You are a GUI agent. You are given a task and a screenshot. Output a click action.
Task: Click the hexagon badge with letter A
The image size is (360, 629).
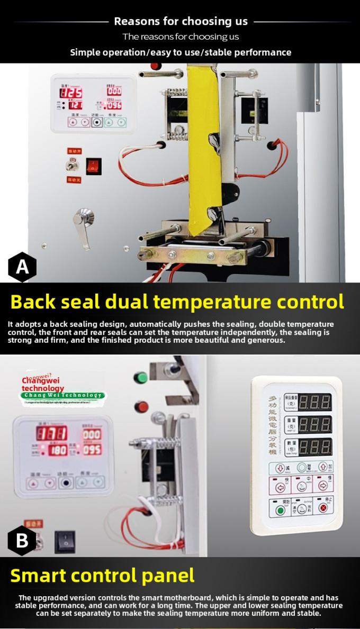[x=22, y=267]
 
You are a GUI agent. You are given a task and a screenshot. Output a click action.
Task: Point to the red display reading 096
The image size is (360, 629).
[x=113, y=105]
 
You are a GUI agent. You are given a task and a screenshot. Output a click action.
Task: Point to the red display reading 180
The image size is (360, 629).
[x=58, y=451]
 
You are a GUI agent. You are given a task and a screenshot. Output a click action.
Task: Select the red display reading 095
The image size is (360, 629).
[x=92, y=450]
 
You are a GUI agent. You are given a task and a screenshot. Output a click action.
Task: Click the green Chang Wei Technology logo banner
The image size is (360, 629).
[x=64, y=395]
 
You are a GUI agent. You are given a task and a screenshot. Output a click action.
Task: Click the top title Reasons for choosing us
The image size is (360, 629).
[x=181, y=22]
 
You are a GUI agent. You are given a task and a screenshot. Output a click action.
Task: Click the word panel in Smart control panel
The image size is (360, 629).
[x=168, y=576]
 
